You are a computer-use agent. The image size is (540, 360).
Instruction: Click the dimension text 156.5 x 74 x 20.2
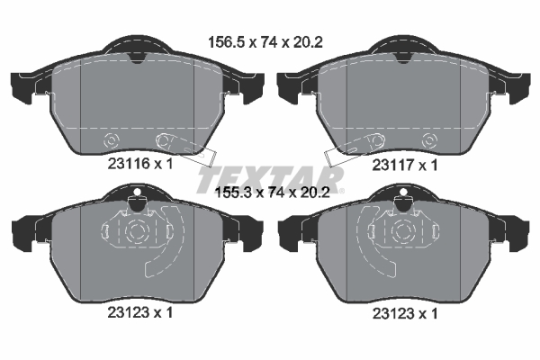(265, 42)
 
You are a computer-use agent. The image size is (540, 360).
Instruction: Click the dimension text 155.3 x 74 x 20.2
(272, 193)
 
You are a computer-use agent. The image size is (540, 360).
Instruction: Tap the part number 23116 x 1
(140, 164)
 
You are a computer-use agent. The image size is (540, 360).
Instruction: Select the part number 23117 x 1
(405, 165)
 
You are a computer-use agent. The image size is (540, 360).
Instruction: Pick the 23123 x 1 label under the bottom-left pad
(140, 312)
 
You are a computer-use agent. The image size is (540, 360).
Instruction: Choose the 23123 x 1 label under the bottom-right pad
(405, 313)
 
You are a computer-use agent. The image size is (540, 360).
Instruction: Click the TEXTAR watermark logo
(270, 179)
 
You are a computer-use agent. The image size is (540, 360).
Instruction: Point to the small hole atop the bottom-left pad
(137, 192)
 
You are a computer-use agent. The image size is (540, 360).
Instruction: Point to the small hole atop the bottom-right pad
(402, 192)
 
